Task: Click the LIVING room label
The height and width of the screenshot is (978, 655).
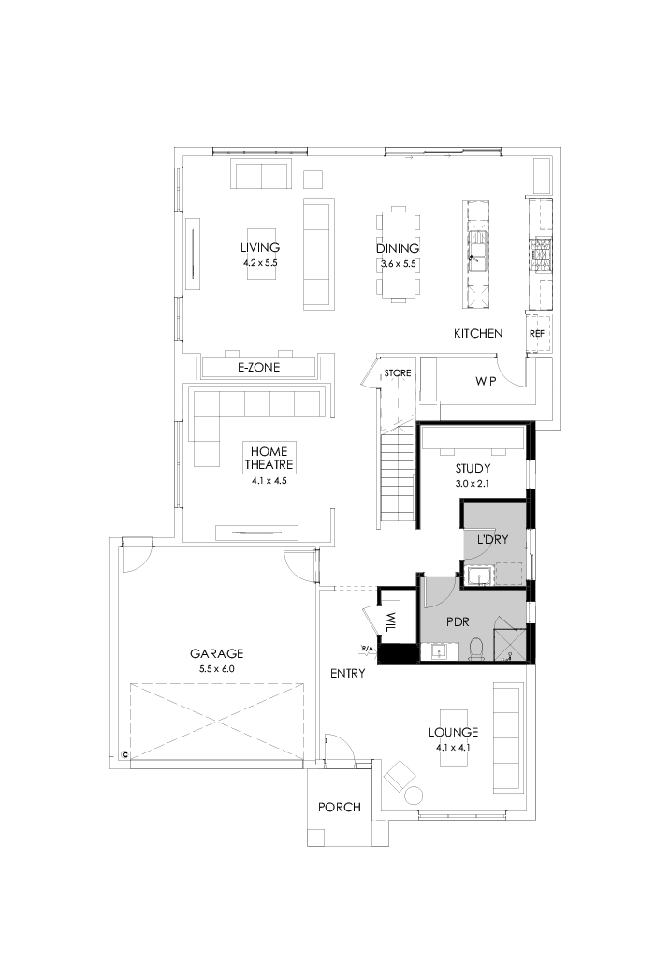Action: (259, 247)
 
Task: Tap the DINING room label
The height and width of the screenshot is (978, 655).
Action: (397, 249)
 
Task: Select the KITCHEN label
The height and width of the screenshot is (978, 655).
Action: (478, 333)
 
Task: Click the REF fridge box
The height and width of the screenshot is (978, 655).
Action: (538, 333)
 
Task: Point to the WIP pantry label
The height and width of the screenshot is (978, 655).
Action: (486, 381)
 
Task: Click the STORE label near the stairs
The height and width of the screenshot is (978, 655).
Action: (398, 373)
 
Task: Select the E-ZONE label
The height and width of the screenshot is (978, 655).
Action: (258, 368)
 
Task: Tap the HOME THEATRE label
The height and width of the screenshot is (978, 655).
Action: (270, 458)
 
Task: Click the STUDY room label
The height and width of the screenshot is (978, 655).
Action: (473, 468)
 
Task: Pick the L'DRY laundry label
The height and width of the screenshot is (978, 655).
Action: (492, 541)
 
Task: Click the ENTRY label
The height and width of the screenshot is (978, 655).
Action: (347, 673)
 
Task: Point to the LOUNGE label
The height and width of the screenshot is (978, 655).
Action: (453, 732)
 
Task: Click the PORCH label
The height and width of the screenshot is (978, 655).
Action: (339, 807)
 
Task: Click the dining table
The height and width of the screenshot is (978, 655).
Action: (398, 253)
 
